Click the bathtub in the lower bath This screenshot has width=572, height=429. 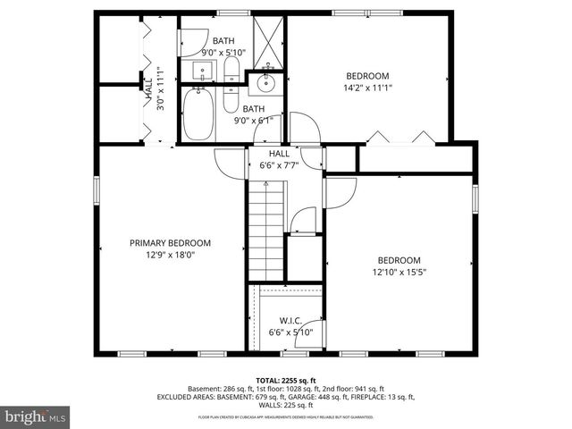[198, 114]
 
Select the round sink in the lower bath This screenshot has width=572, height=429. [265, 85]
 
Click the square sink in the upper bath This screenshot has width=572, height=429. [197, 70]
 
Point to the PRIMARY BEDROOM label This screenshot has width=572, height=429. [170, 243]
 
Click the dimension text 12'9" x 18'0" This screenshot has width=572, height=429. [170, 255]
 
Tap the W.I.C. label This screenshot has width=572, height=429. [290, 321]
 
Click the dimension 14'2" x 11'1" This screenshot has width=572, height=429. [367, 88]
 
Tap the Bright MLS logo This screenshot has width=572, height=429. [36, 416]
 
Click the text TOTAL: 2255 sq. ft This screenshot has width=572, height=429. [285, 380]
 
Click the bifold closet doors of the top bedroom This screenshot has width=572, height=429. [399, 139]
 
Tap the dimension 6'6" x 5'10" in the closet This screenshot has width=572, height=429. [290, 332]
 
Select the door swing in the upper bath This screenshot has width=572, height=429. [193, 43]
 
